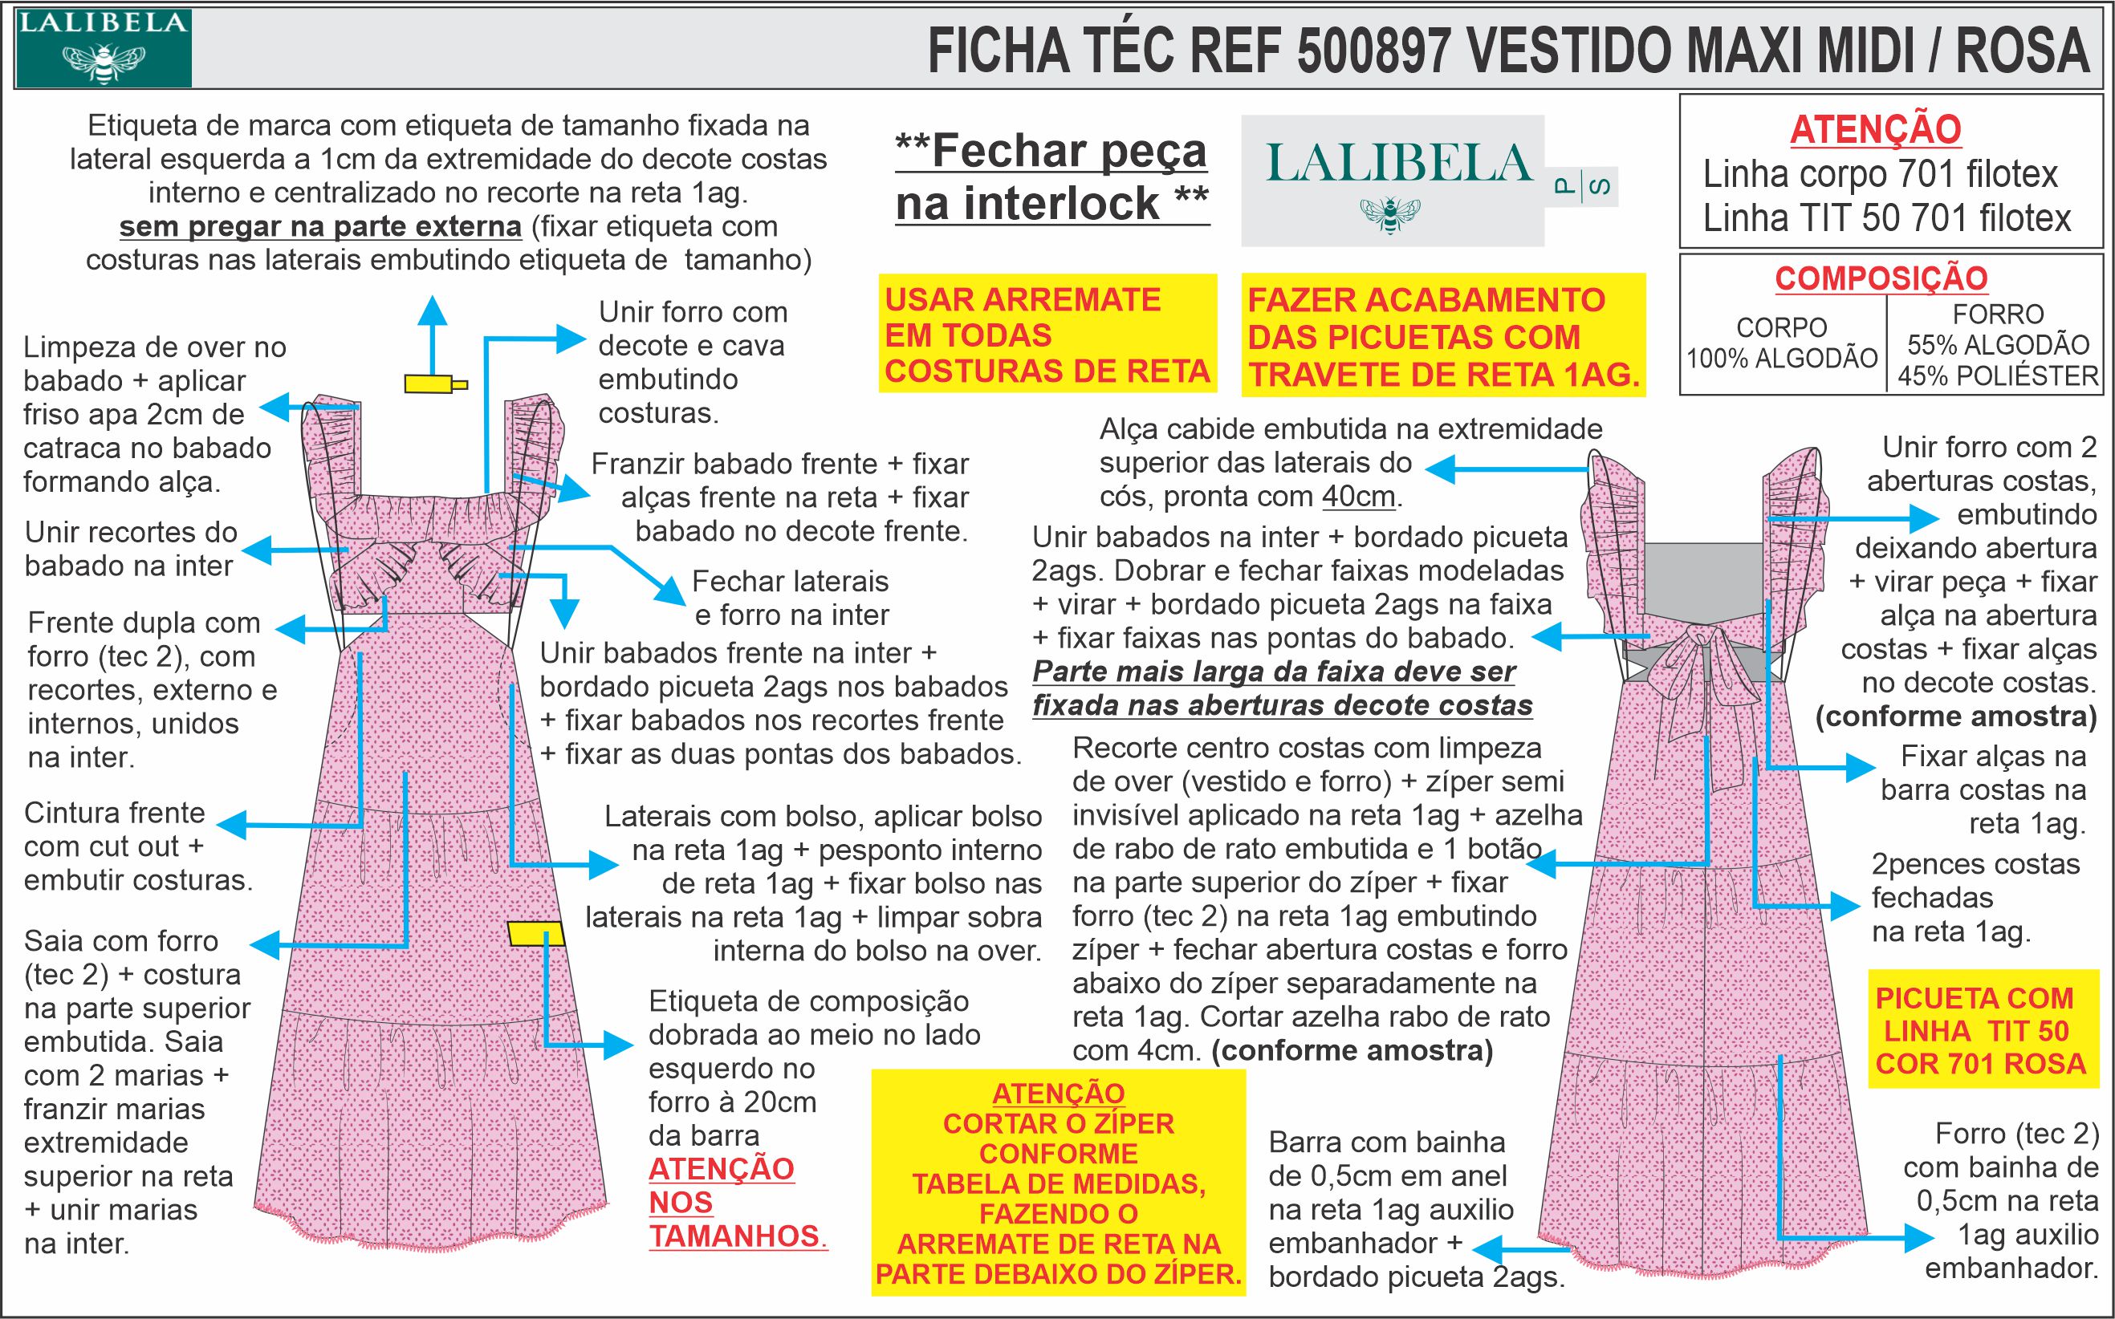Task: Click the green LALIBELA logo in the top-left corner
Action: click(103, 49)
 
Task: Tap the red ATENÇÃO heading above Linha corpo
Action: click(1875, 130)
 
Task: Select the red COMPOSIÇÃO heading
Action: click(1881, 278)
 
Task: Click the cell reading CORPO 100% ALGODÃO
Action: click(1781, 343)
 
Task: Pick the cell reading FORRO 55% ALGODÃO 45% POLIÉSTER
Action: click(1997, 344)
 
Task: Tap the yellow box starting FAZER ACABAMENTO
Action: click(1442, 337)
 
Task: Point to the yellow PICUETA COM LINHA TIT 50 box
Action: click(1981, 1030)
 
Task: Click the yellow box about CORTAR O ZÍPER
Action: click(1059, 1182)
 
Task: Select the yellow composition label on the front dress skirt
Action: click(535, 932)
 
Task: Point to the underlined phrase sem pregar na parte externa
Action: click(320, 227)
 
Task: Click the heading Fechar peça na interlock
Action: click(1051, 178)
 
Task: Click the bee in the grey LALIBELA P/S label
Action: click(1390, 213)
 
